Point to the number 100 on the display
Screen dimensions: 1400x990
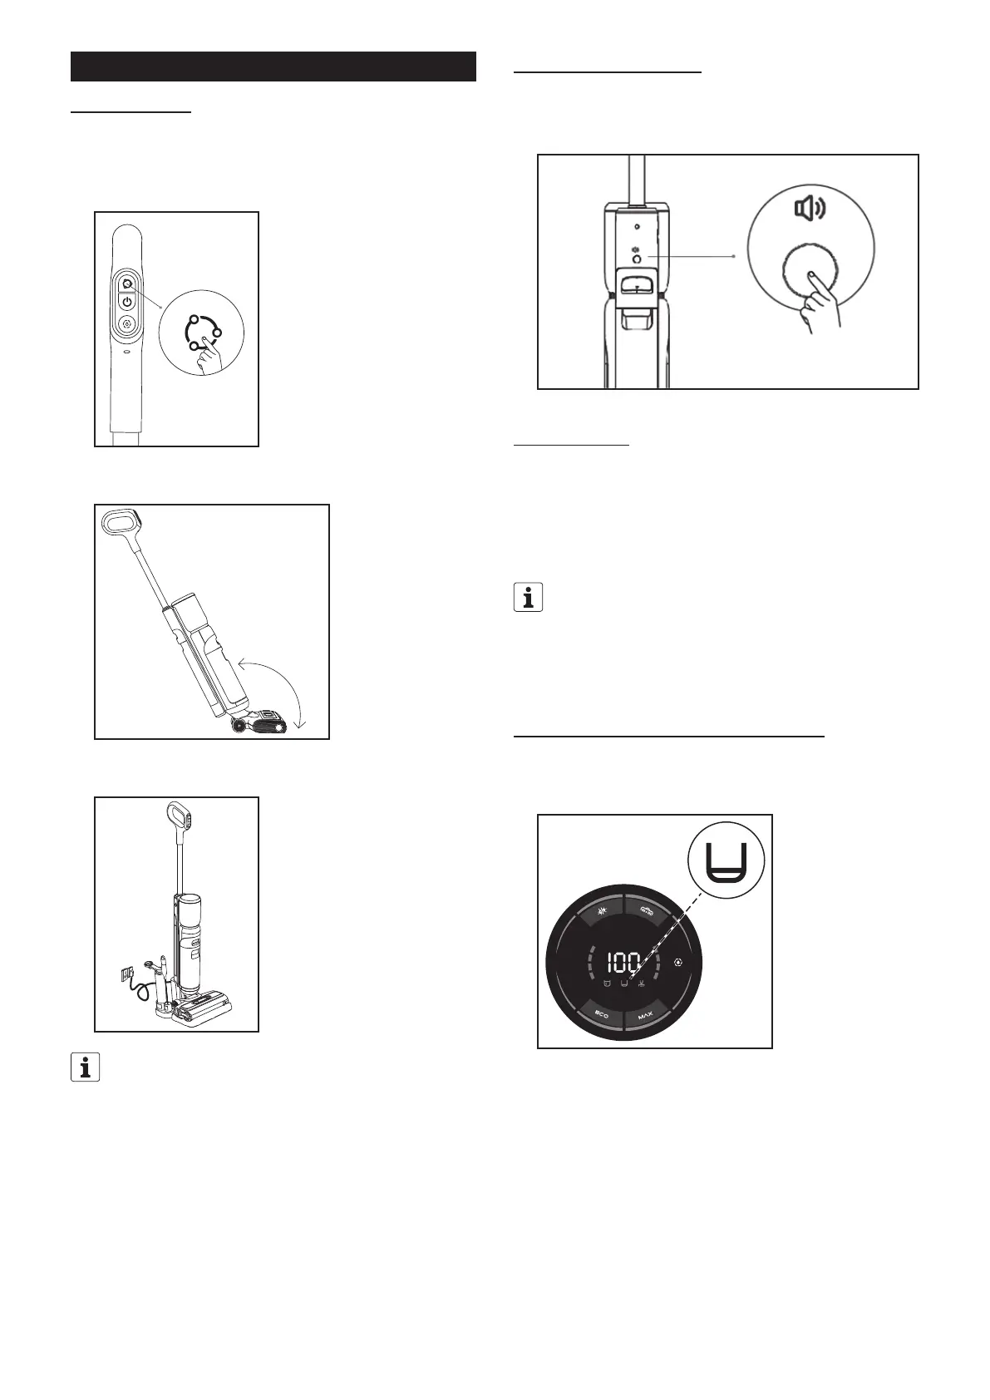point(623,963)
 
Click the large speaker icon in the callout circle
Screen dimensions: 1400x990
point(810,208)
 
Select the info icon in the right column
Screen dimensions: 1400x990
point(528,598)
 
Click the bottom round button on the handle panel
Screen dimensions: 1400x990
point(127,325)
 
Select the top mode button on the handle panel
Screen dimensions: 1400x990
point(127,281)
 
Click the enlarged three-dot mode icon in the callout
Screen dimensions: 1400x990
point(203,330)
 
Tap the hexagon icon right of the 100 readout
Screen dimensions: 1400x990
point(679,964)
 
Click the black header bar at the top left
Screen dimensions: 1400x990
point(273,67)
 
